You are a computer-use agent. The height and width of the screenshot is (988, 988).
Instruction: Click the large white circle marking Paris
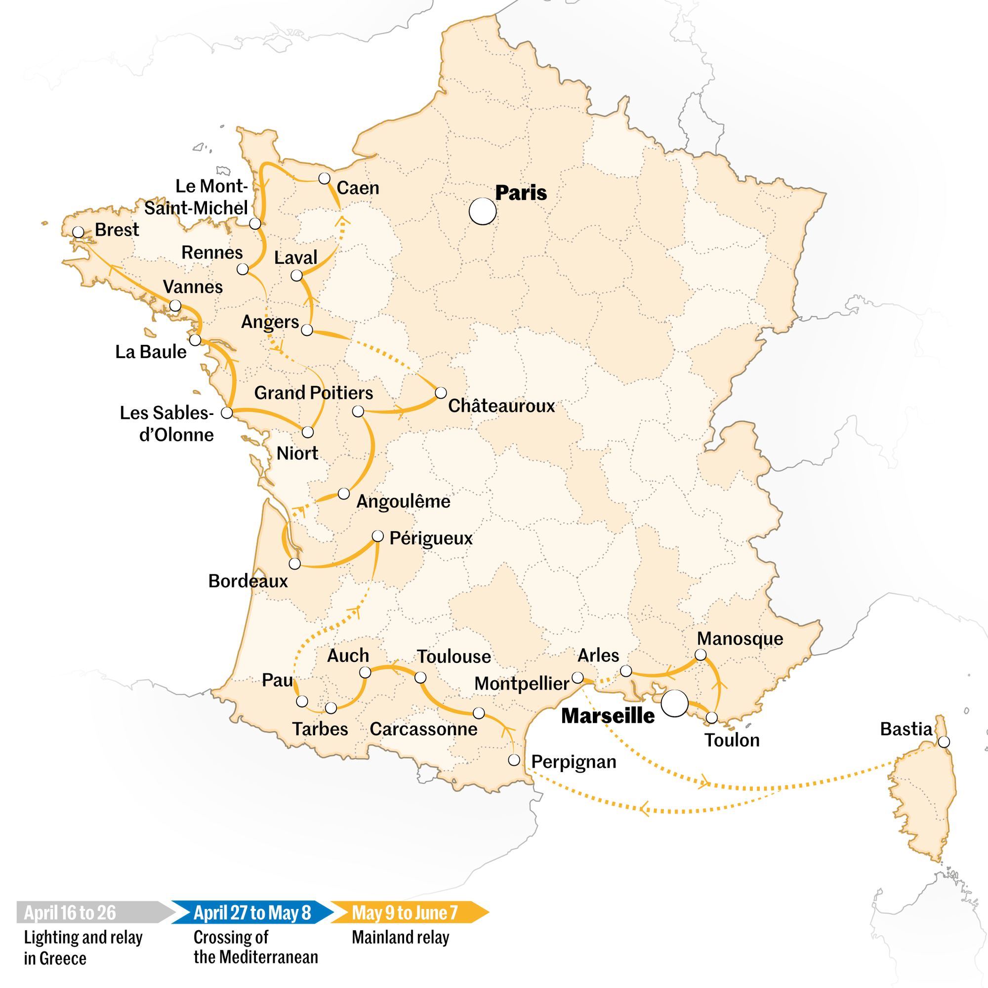[x=482, y=211]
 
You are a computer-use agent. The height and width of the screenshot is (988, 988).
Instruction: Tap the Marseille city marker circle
[x=674, y=703]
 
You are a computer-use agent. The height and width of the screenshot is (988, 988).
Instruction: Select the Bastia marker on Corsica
[x=944, y=741]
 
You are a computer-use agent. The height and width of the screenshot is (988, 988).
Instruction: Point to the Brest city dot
[x=78, y=232]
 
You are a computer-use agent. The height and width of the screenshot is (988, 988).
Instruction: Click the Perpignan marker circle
[x=514, y=760]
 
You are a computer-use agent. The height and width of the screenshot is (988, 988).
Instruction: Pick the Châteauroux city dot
[x=441, y=393]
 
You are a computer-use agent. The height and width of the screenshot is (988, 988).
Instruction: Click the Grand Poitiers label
[x=314, y=393]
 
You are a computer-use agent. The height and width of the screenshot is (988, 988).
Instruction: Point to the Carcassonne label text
[x=423, y=729]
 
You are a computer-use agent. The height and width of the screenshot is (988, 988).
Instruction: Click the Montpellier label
[x=522, y=683]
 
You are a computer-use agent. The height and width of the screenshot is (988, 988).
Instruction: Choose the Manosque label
[x=740, y=638]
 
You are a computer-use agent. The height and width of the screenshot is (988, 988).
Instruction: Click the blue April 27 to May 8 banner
[x=252, y=913]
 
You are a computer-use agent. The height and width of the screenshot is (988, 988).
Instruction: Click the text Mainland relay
[x=401, y=938]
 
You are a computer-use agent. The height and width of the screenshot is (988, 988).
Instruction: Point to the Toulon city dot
[x=711, y=717]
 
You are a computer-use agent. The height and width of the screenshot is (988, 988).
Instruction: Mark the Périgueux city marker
[x=377, y=536]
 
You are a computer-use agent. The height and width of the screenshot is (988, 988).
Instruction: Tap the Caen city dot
[x=324, y=178]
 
